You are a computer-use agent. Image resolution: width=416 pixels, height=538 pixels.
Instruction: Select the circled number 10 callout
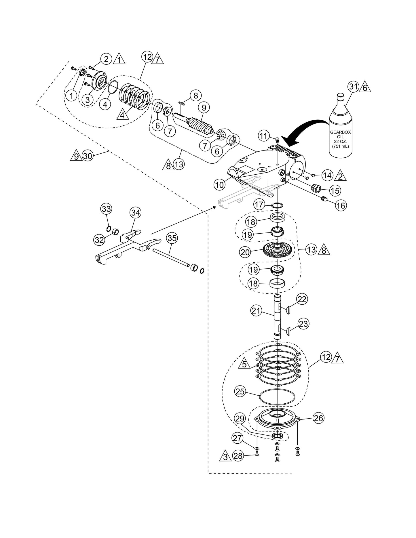tap(219, 185)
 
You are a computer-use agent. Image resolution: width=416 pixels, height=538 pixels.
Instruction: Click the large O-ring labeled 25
tap(277, 396)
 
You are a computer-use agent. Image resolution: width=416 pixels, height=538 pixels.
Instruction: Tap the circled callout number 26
tap(318, 418)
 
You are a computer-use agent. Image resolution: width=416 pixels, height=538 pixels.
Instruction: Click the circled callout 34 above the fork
tap(135, 213)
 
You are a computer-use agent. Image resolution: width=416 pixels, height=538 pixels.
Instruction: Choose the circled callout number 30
tap(88, 156)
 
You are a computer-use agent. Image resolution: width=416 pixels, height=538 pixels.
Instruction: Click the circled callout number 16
tap(341, 205)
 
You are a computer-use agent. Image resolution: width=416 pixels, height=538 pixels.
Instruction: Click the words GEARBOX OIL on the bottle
tap(340, 135)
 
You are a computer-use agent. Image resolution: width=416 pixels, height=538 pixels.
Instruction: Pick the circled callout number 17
tap(259, 205)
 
